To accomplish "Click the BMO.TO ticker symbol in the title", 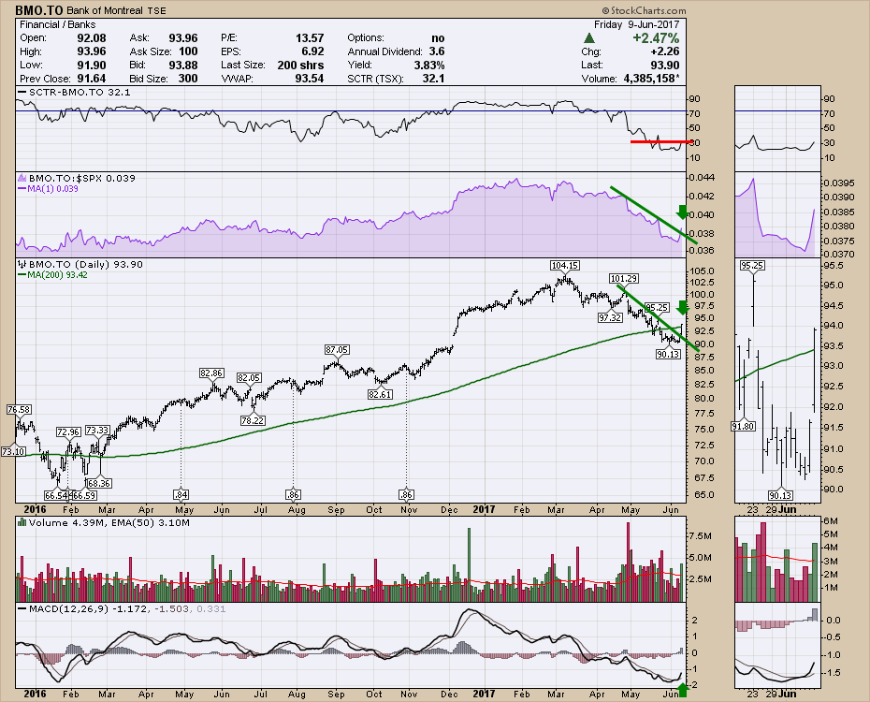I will click(37, 9).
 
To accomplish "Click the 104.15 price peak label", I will click(565, 265).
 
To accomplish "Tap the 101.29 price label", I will click(623, 278).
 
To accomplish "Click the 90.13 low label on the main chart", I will click(667, 355).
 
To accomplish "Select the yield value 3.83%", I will click(430, 65).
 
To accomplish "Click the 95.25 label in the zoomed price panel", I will click(753, 266).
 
